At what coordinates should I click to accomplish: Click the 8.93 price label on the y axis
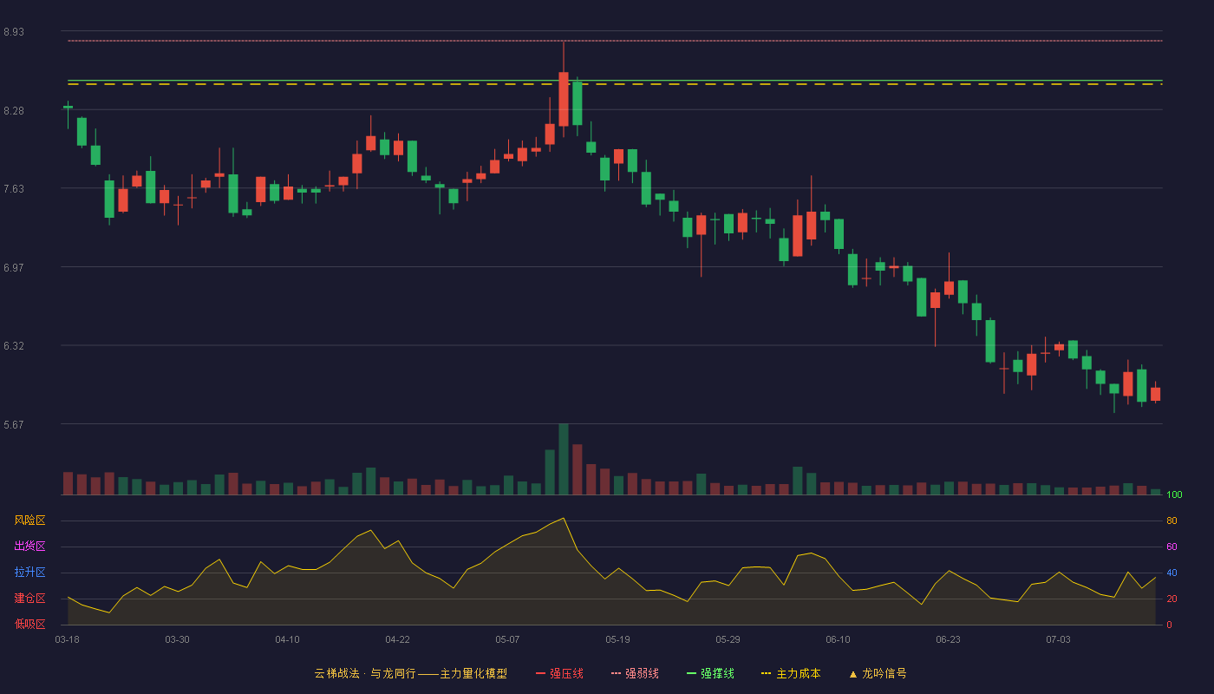(14, 32)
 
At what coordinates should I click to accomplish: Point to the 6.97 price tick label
(14, 268)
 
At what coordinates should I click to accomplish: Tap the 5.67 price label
(14, 424)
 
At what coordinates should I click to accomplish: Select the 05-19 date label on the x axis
(617, 640)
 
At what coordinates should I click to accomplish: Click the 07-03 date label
(1058, 640)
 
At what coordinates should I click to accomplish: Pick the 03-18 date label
(68, 640)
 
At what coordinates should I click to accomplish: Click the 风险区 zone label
(29, 520)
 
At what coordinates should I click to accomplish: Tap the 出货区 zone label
(29, 546)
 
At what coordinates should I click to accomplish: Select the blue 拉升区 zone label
(29, 572)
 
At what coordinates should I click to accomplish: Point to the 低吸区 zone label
(29, 624)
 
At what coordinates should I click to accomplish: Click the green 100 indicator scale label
(1174, 494)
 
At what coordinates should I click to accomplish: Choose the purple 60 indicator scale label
(1172, 547)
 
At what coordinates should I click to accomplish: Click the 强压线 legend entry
(559, 673)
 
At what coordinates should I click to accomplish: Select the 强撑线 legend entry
(710, 673)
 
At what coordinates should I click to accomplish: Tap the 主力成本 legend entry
(791, 673)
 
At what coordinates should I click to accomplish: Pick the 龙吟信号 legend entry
(878, 673)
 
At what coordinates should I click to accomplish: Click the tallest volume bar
(564, 459)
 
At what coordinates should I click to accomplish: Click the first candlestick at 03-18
(68, 108)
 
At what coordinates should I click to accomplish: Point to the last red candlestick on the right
(1155, 394)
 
